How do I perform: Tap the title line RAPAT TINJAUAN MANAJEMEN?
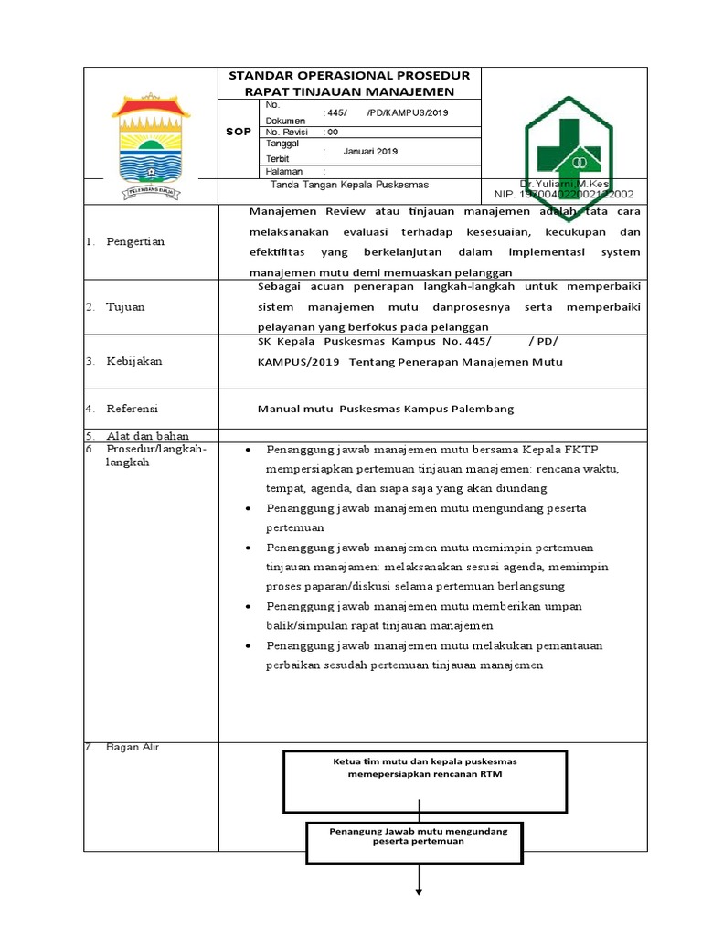pos(348,91)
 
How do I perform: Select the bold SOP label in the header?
pos(239,132)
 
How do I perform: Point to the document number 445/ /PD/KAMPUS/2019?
pos(385,112)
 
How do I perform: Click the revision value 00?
pos(331,132)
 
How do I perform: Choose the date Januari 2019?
pos(371,152)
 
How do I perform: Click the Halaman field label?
pos(283,171)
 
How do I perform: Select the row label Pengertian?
pos(136,241)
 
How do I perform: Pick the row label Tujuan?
pos(126,307)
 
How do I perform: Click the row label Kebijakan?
pos(134,361)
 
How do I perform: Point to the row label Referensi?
pos(133,409)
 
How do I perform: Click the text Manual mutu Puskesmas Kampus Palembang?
pos(386,409)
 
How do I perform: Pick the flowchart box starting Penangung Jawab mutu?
pos(419,842)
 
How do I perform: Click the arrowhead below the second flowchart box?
pos(419,892)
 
